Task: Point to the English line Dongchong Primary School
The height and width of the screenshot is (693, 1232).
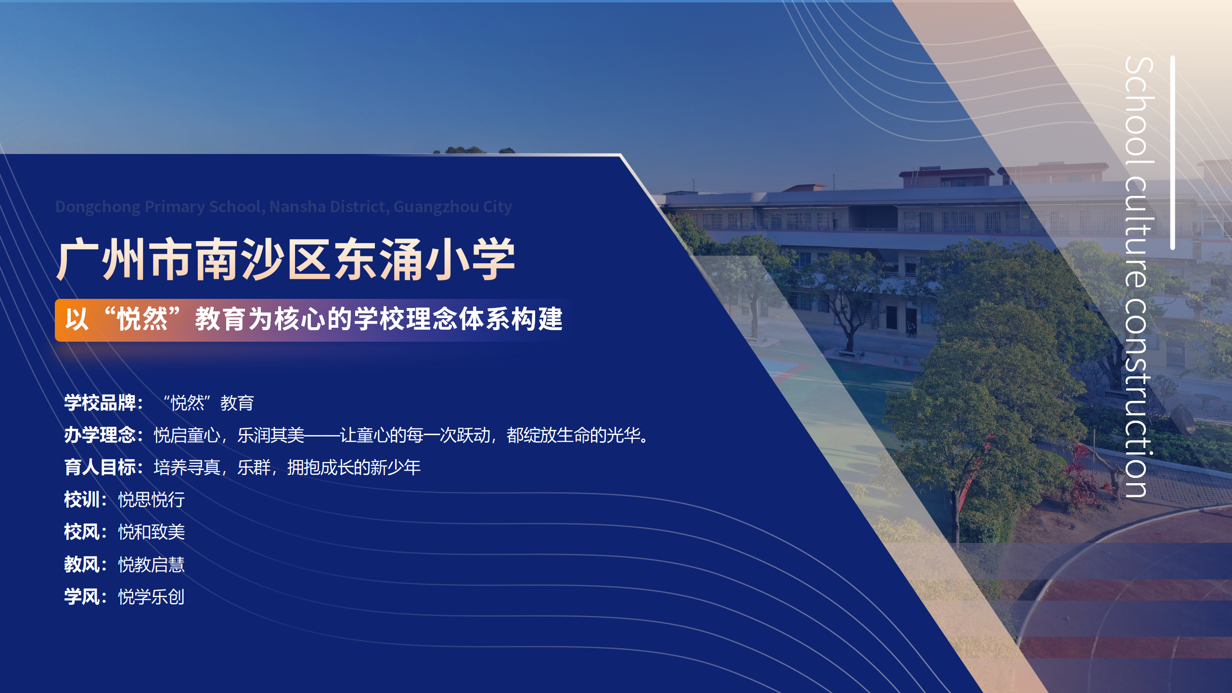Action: (283, 206)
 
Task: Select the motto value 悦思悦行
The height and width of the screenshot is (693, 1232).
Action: (152, 500)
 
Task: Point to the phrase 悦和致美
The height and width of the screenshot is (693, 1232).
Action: (152, 532)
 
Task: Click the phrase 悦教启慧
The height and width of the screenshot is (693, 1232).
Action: (152, 565)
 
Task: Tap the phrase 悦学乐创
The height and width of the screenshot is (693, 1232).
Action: (152, 597)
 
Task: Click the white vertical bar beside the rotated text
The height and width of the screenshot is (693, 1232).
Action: (1172, 153)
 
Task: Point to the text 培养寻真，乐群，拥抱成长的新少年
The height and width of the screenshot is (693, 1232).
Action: (287, 467)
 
